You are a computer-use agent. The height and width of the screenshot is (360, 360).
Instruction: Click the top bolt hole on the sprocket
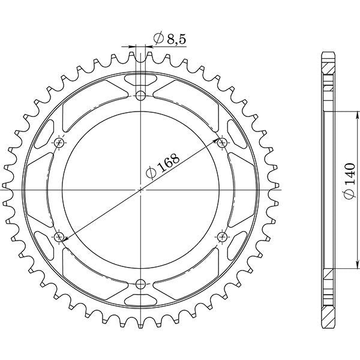point(140,95)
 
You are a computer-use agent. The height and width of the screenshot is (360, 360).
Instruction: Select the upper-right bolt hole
point(222,142)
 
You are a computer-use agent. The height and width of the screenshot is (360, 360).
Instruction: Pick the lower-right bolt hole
point(222,236)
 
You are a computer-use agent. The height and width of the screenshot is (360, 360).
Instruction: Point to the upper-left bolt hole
point(59,142)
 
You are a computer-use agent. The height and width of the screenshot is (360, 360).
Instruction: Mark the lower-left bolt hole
point(59,236)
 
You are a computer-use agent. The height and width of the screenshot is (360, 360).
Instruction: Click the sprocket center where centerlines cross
point(140,190)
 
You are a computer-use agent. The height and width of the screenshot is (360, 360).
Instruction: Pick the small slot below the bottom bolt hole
point(140,301)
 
